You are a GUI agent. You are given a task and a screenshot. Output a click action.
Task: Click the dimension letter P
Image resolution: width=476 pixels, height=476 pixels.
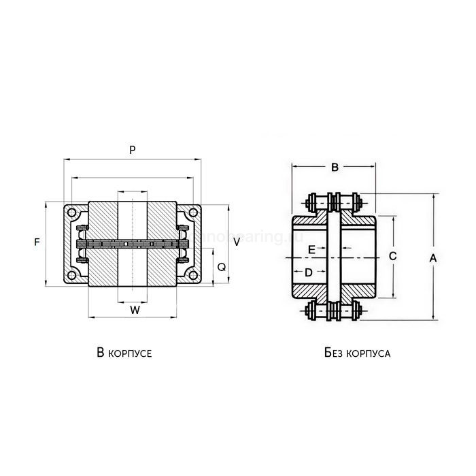tap(133, 149)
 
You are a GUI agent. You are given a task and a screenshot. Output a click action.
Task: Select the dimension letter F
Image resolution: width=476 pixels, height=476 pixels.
tap(37, 242)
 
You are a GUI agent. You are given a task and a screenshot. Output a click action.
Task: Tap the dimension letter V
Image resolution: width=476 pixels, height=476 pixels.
tap(235, 242)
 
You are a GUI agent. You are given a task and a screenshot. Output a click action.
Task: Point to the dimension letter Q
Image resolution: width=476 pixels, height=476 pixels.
tap(221, 268)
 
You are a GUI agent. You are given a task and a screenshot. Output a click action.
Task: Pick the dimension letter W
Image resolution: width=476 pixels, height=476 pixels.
tap(135, 310)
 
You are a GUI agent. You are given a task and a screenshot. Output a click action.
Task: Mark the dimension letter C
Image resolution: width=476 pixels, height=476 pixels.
tap(392, 256)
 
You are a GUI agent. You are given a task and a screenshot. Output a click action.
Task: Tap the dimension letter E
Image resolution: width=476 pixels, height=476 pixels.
tap(311, 250)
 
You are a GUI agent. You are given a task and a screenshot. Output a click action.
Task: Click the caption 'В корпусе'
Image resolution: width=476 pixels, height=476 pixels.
tap(124, 353)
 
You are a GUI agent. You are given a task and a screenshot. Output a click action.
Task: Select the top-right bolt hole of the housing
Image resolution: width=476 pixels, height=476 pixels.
tap(194, 213)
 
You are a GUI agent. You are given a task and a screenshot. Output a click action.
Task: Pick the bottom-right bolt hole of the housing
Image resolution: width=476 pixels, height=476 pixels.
tap(194, 275)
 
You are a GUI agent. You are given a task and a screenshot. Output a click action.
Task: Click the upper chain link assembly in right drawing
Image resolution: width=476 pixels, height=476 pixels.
tap(334, 202)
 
